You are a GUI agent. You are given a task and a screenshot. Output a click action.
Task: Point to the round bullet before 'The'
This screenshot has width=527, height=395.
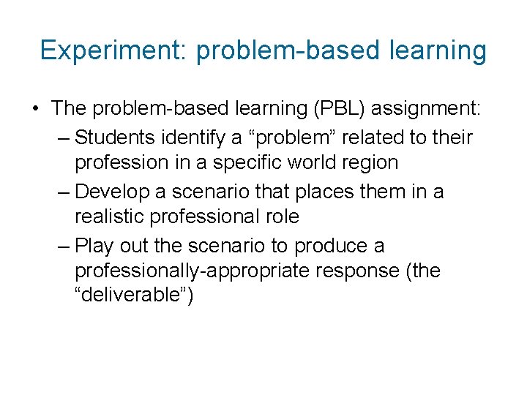click(35, 109)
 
